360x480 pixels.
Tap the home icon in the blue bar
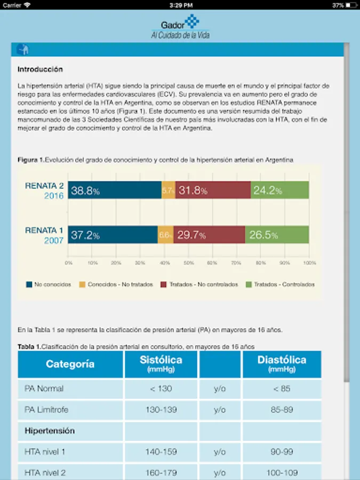[x=22, y=50]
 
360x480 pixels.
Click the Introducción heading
[x=40, y=69]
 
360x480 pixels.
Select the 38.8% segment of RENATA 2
[x=115, y=190]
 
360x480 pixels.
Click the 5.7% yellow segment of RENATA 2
[x=168, y=190]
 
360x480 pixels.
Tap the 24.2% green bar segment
[x=279, y=190]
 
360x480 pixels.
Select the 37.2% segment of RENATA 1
[x=113, y=235]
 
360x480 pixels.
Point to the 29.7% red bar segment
[x=209, y=235]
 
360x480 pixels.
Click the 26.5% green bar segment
[x=277, y=235]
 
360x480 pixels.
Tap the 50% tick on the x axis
[x=189, y=263]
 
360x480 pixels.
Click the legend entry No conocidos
[x=49, y=284]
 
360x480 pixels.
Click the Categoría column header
[x=70, y=364]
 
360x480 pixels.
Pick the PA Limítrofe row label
[x=46, y=410]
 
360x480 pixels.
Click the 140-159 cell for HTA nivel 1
[x=161, y=452]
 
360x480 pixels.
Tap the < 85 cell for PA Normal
[x=282, y=388]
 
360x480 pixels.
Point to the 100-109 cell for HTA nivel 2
[x=282, y=473]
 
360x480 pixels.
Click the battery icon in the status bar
[x=351, y=5]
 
